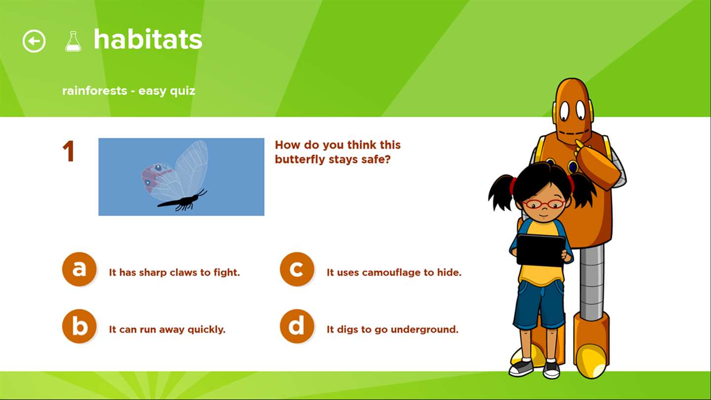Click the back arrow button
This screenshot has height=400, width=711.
click(x=34, y=41)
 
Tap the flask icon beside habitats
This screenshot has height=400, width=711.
click(x=73, y=41)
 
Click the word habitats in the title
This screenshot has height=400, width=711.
click(x=148, y=40)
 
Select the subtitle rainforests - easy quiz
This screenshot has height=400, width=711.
click(x=128, y=91)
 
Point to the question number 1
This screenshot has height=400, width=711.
click(x=69, y=151)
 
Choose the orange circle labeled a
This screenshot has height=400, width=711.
click(x=79, y=269)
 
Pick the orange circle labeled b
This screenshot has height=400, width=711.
click(x=79, y=326)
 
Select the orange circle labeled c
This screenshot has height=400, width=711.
click(x=297, y=269)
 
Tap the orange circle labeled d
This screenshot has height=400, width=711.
click(x=297, y=326)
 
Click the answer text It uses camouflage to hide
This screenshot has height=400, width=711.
click(x=394, y=273)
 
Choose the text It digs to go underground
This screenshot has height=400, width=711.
click(x=393, y=329)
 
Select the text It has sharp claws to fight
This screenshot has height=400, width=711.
click(x=174, y=273)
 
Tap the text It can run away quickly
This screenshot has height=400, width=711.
click(x=167, y=329)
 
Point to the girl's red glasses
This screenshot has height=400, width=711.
click(x=544, y=204)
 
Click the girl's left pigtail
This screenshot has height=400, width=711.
click(x=502, y=193)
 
